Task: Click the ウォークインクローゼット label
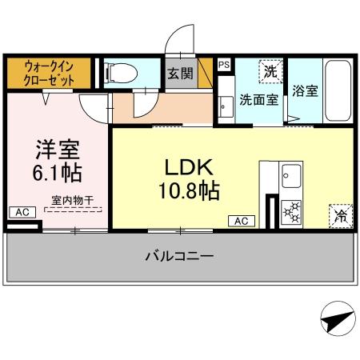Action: tap(50, 72)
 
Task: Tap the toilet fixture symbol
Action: tap(122, 72)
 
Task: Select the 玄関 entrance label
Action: tap(180, 74)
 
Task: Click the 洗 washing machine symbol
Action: tap(271, 71)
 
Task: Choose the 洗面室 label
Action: tap(259, 101)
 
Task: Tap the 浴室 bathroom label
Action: tap(305, 90)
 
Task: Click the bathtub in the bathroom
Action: tap(336, 90)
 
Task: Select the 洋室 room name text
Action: tap(56, 148)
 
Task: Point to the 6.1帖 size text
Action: tap(56, 172)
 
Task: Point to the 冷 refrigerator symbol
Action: tap(339, 214)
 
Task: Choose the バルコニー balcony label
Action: tap(178, 257)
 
